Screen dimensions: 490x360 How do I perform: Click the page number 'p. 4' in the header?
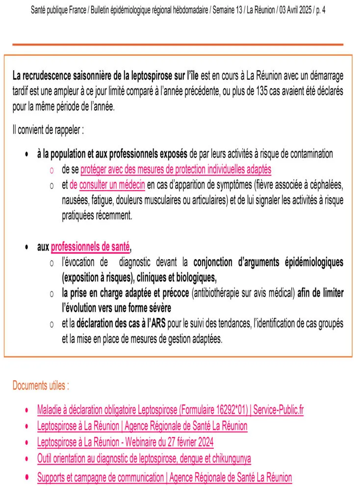click(320, 10)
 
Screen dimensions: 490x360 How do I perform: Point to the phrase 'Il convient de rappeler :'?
click(48, 131)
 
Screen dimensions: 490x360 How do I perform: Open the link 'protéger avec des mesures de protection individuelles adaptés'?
click(176, 170)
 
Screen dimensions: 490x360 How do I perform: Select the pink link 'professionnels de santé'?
click(90, 247)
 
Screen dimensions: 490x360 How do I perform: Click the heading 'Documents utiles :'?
click(41, 385)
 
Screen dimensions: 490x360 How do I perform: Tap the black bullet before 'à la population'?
click(27, 155)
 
